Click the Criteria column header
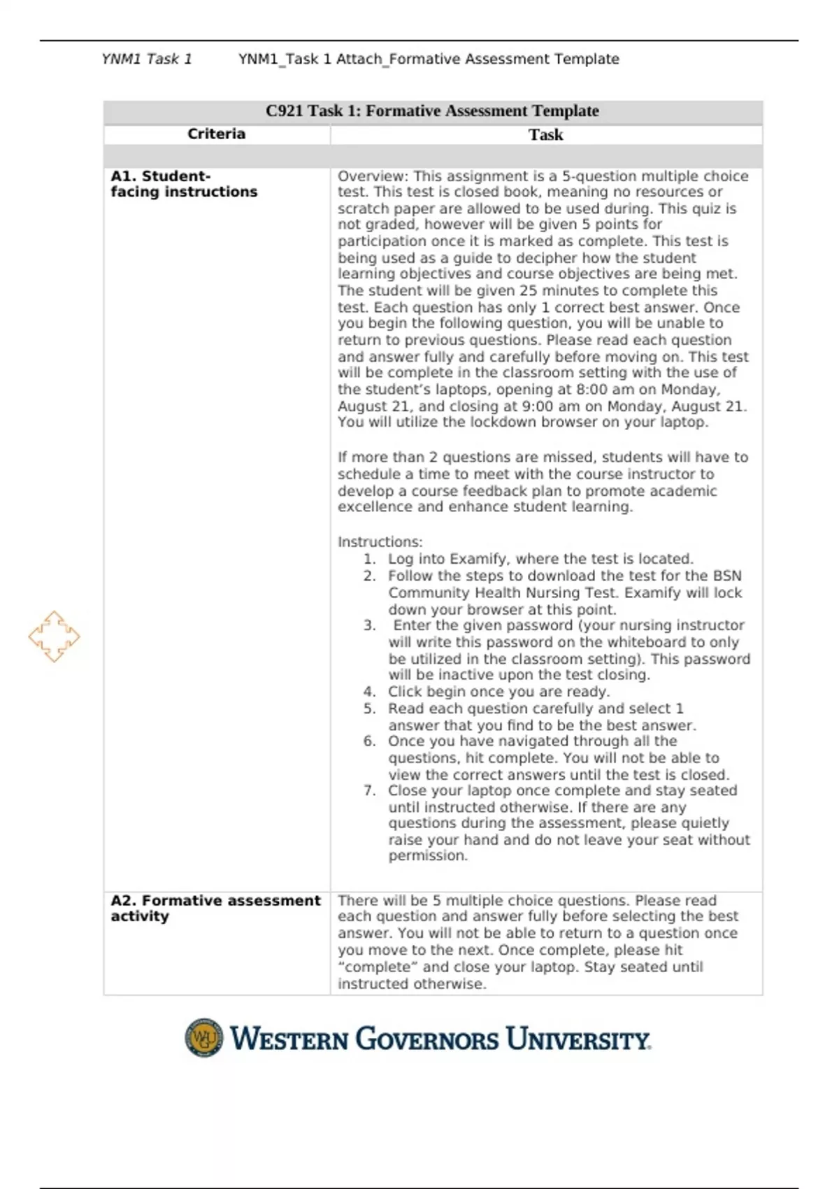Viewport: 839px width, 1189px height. coord(216,134)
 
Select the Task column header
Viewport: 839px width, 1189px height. coord(545,135)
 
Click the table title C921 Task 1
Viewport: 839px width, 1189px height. coord(432,111)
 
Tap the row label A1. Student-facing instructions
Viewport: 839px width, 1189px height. coord(183,184)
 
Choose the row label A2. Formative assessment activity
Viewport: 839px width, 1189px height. coord(215,908)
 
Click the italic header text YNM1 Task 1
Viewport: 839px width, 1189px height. coord(146,59)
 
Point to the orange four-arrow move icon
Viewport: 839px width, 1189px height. coord(54,636)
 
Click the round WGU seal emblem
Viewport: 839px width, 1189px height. coord(203,1037)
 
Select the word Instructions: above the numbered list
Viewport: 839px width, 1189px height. coord(380,542)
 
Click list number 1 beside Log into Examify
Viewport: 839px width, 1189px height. coord(369,559)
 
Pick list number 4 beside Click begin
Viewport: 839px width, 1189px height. coord(369,692)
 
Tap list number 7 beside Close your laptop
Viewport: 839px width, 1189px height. coord(369,791)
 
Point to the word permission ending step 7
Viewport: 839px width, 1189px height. coord(427,856)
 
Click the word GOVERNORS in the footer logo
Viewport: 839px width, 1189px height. coord(427,1039)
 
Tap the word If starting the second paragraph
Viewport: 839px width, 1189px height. coord(342,457)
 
